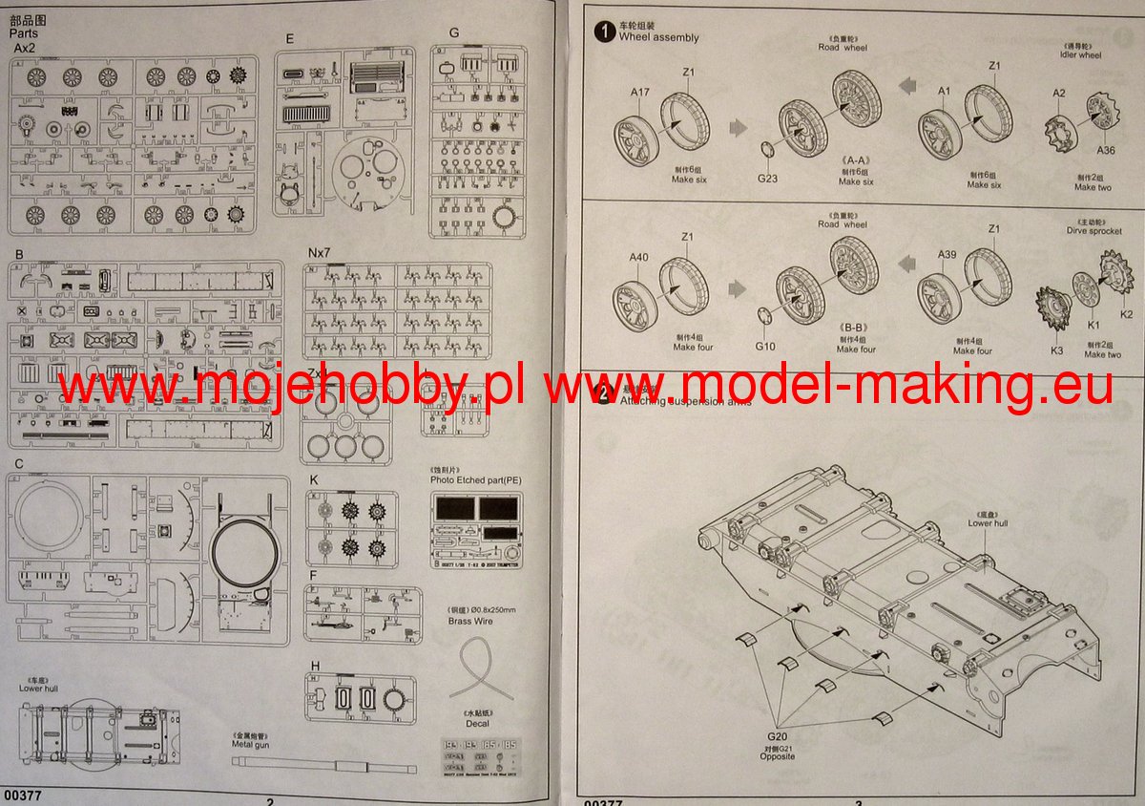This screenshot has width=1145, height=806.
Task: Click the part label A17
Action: (639, 92)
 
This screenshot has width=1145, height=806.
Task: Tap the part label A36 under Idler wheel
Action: (1105, 150)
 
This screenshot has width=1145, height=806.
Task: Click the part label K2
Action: (1126, 314)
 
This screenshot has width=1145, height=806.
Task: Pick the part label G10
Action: (765, 346)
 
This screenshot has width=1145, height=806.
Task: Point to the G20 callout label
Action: (778, 736)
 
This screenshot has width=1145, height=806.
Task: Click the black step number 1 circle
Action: (602, 33)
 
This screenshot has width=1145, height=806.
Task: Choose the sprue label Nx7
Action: (318, 252)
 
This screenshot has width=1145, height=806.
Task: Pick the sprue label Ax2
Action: (26, 48)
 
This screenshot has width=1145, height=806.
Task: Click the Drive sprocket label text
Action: (1093, 230)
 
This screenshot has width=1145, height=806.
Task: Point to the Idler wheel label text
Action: (1080, 55)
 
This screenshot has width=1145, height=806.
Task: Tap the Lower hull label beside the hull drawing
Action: (988, 523)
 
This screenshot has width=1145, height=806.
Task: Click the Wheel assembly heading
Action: (658, 37)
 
